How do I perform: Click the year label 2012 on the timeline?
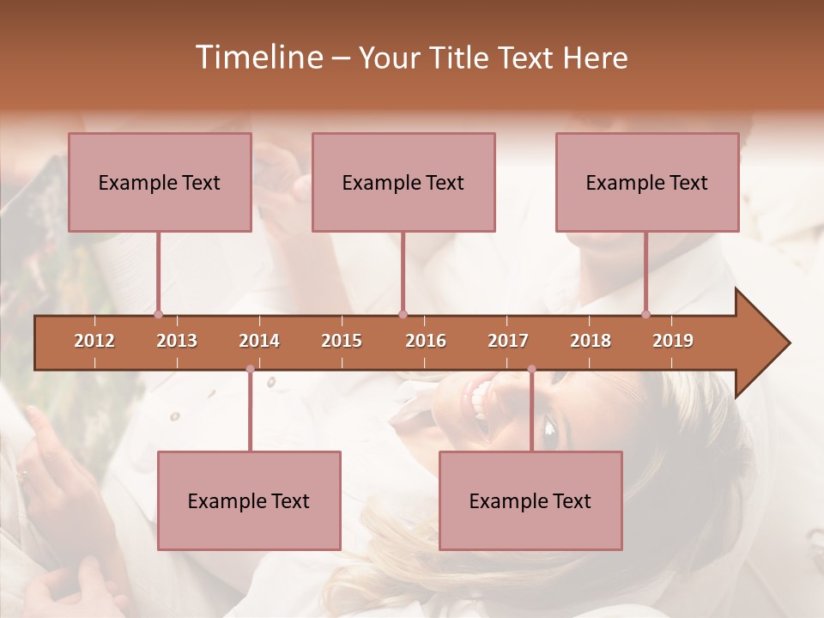click(94, 341)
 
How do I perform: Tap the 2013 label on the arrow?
click(177, 341)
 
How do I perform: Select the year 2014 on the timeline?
click(259, 341)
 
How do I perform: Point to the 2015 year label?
click(342, 341)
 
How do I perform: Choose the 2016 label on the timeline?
click(426, 341)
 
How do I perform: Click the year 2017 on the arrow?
click(508, 341)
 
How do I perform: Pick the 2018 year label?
click(591, 341)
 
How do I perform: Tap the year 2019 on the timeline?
click(673, 341)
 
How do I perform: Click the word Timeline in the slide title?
click(257, 58)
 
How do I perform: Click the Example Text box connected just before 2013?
click(160, 182)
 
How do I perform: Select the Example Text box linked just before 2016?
click(403, 182)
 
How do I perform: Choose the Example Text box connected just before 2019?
click(647, 182)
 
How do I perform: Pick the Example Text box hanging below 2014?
click(249, 500)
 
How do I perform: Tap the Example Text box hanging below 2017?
click(530, 500)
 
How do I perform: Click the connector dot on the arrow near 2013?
click(158, 314)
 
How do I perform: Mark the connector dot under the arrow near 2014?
click(250, 369)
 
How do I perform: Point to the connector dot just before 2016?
click(403, 314)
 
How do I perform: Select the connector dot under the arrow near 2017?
click(531, 369)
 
